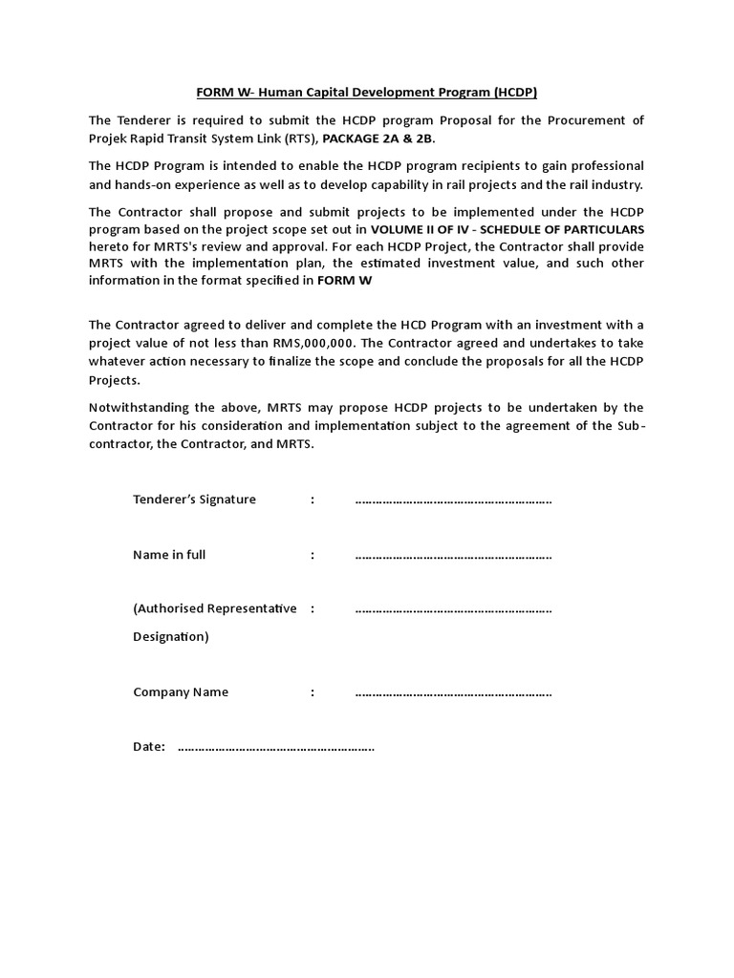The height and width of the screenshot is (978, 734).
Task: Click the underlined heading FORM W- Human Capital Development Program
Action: [367, 93]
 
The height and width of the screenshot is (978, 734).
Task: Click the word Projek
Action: [109, 138]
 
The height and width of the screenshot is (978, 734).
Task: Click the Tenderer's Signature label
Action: [194, 500]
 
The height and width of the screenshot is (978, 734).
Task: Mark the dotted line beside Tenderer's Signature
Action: [453, 500]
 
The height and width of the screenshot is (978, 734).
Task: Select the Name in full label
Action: [169, 555]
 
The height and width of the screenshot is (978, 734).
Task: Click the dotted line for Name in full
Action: [453, 556]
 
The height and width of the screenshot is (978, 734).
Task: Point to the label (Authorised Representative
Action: [214, 608]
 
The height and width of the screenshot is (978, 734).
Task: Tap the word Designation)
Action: [170, 636]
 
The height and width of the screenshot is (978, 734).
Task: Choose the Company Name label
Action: [181, 692]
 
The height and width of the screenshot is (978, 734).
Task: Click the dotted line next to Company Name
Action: [453, 693]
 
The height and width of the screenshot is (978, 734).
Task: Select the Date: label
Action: [149, 747]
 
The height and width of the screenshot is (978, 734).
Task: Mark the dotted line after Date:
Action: [276, 748]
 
